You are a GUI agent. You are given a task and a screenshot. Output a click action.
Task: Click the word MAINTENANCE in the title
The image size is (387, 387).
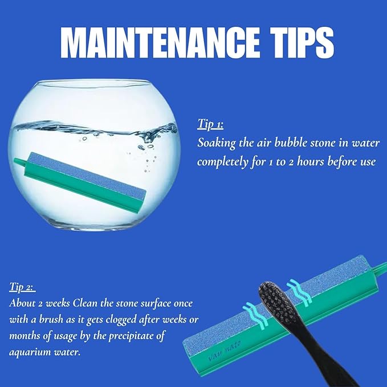[160, 43]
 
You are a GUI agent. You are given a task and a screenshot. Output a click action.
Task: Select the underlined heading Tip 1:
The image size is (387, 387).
[210, 124]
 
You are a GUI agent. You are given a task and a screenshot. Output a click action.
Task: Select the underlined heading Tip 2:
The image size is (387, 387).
[22, 287]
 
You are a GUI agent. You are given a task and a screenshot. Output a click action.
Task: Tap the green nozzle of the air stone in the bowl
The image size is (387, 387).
[18, 162]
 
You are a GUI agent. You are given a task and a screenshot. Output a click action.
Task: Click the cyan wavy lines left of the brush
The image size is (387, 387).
[255, 316]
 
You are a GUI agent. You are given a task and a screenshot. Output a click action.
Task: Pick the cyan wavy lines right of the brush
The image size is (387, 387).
[299, 293]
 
